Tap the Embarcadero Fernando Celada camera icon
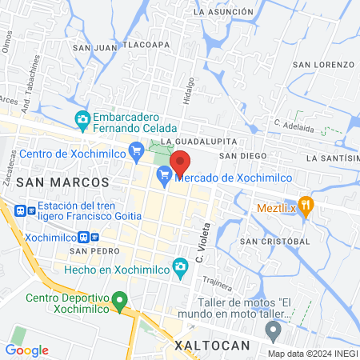pyautogui.click(x=82, y=120)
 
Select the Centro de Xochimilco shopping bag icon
pyautogui.click(x=136, y=149)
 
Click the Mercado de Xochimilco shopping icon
pyautogui.click(x=165, y=174)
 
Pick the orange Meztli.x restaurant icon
pyautogui.click(x=305, y=204)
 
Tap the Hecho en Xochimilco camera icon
pyautogui.click(x=181, y=266)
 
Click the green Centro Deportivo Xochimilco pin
pyautogui.click(x=120, y=302)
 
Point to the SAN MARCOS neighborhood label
pyautogui.click(x=62, y=182)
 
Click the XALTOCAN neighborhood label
pyautogui.click(x=213, y=346)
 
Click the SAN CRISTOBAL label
pyautogui.click(x=274, y=241)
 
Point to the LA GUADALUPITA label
pyautogui.click(x=189, y=141)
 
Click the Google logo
pyautogui.click(x=26, y=350)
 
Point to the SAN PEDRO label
pyautogui.click(x=88, y=251)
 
